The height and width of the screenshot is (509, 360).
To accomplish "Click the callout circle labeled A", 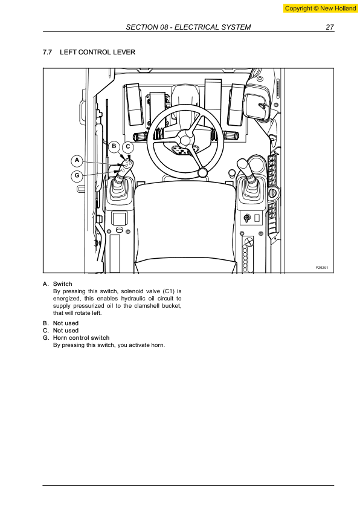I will pos(76,160).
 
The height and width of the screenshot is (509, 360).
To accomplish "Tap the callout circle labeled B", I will pos(114,146).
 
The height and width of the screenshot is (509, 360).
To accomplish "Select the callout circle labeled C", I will pos(128,146).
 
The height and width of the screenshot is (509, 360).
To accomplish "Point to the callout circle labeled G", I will pos(76,176).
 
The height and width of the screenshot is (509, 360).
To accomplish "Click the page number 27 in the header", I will pos(329,27).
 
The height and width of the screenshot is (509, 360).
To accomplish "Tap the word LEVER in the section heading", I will pos(124,53).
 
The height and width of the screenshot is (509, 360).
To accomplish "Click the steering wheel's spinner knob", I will pos(203,174).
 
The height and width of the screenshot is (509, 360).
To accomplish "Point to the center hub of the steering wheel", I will pos(185,141).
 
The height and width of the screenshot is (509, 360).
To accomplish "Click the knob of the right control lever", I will pos(243,164).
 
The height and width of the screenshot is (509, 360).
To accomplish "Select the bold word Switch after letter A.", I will pos(62,284).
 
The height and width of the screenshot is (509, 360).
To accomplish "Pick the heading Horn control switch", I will pos(81,338).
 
